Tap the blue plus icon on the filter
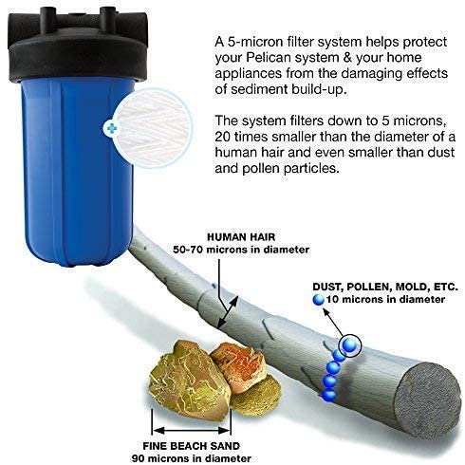point(115,127)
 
